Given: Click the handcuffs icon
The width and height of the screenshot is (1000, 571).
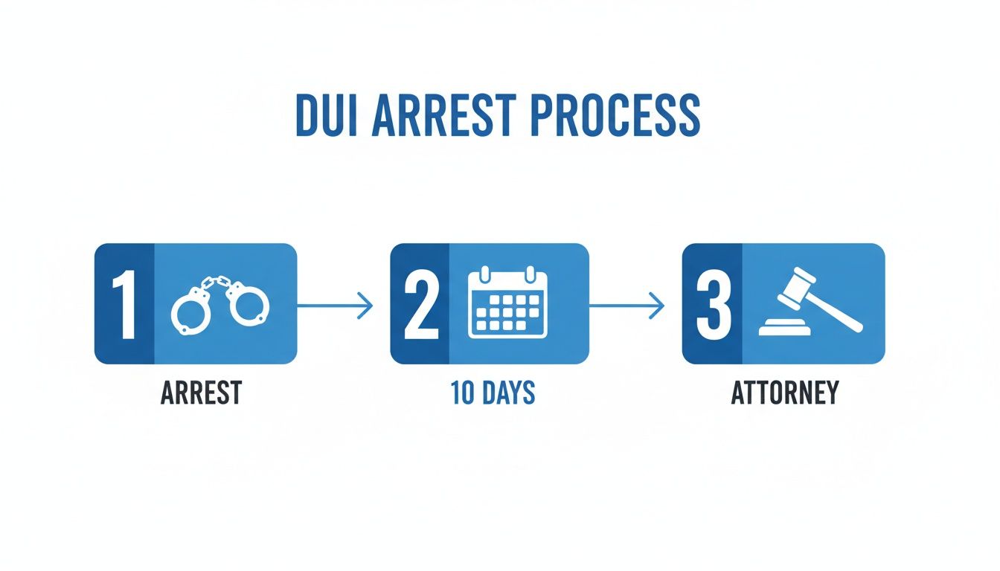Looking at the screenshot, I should click(x=220, y=303).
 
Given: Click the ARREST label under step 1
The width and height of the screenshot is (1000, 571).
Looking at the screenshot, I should click(x=200, y=393).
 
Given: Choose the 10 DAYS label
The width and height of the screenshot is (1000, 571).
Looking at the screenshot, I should click(x=493, y=393).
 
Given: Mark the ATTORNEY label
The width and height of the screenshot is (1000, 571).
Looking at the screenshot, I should click(x=784, y=393).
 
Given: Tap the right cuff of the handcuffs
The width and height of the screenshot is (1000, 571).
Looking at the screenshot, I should click(x=248, y=305).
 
